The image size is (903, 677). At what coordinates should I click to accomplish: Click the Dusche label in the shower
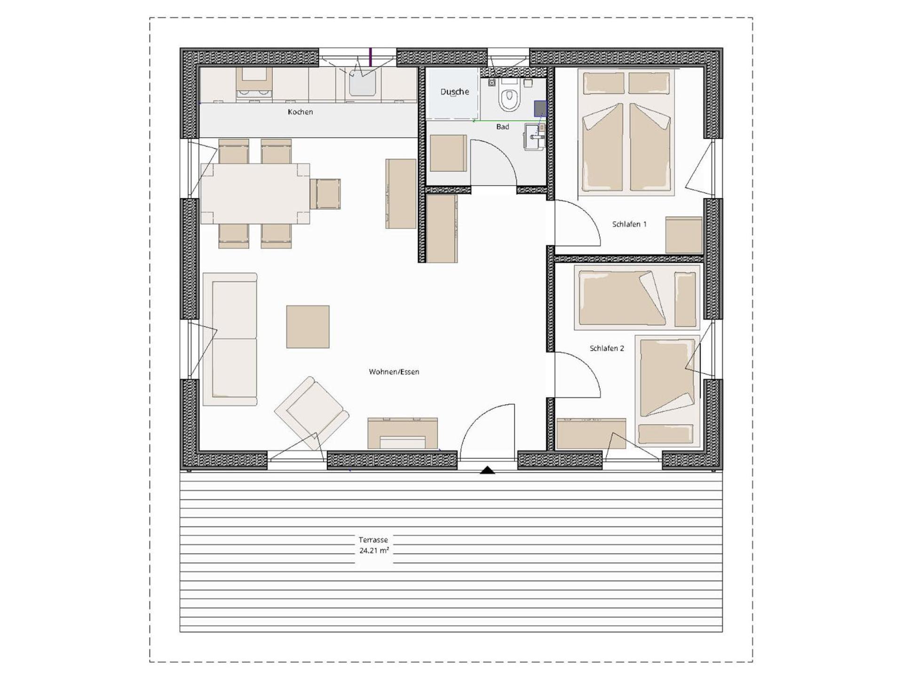point(454,92)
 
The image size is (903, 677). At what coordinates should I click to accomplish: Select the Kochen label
point(300,112)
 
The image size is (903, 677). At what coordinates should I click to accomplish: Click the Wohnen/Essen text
point(394,372)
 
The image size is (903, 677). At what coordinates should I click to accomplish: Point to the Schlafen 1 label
point(629,224)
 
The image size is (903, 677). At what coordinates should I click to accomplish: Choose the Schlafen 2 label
point(606,348)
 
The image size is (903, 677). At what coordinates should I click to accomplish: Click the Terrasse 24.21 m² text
point(374,545)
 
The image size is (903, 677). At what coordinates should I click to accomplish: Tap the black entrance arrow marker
point(487,470)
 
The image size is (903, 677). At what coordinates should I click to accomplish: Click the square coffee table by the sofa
point(308,327)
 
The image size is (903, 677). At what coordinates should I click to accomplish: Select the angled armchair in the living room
point(312,412)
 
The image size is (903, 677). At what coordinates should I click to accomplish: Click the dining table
point(255,193)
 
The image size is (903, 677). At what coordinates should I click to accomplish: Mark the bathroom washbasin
point(535,136)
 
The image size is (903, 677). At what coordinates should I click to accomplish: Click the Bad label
point(502,127)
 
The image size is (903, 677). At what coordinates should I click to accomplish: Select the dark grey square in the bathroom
point(540,108)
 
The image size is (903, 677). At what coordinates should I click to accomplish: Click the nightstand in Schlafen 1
point(683,235)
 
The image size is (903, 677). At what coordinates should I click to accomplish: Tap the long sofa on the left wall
point(230,339)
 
